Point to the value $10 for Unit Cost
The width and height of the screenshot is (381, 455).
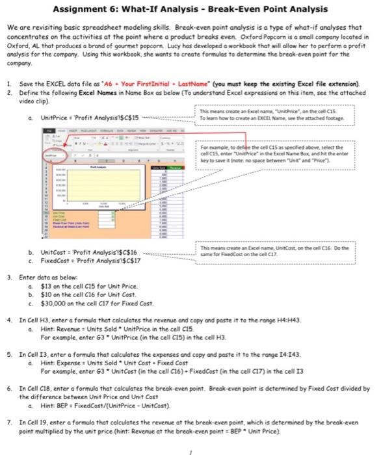(x=46, y=294)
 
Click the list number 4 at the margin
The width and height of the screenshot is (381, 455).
(x=8, y=320)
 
